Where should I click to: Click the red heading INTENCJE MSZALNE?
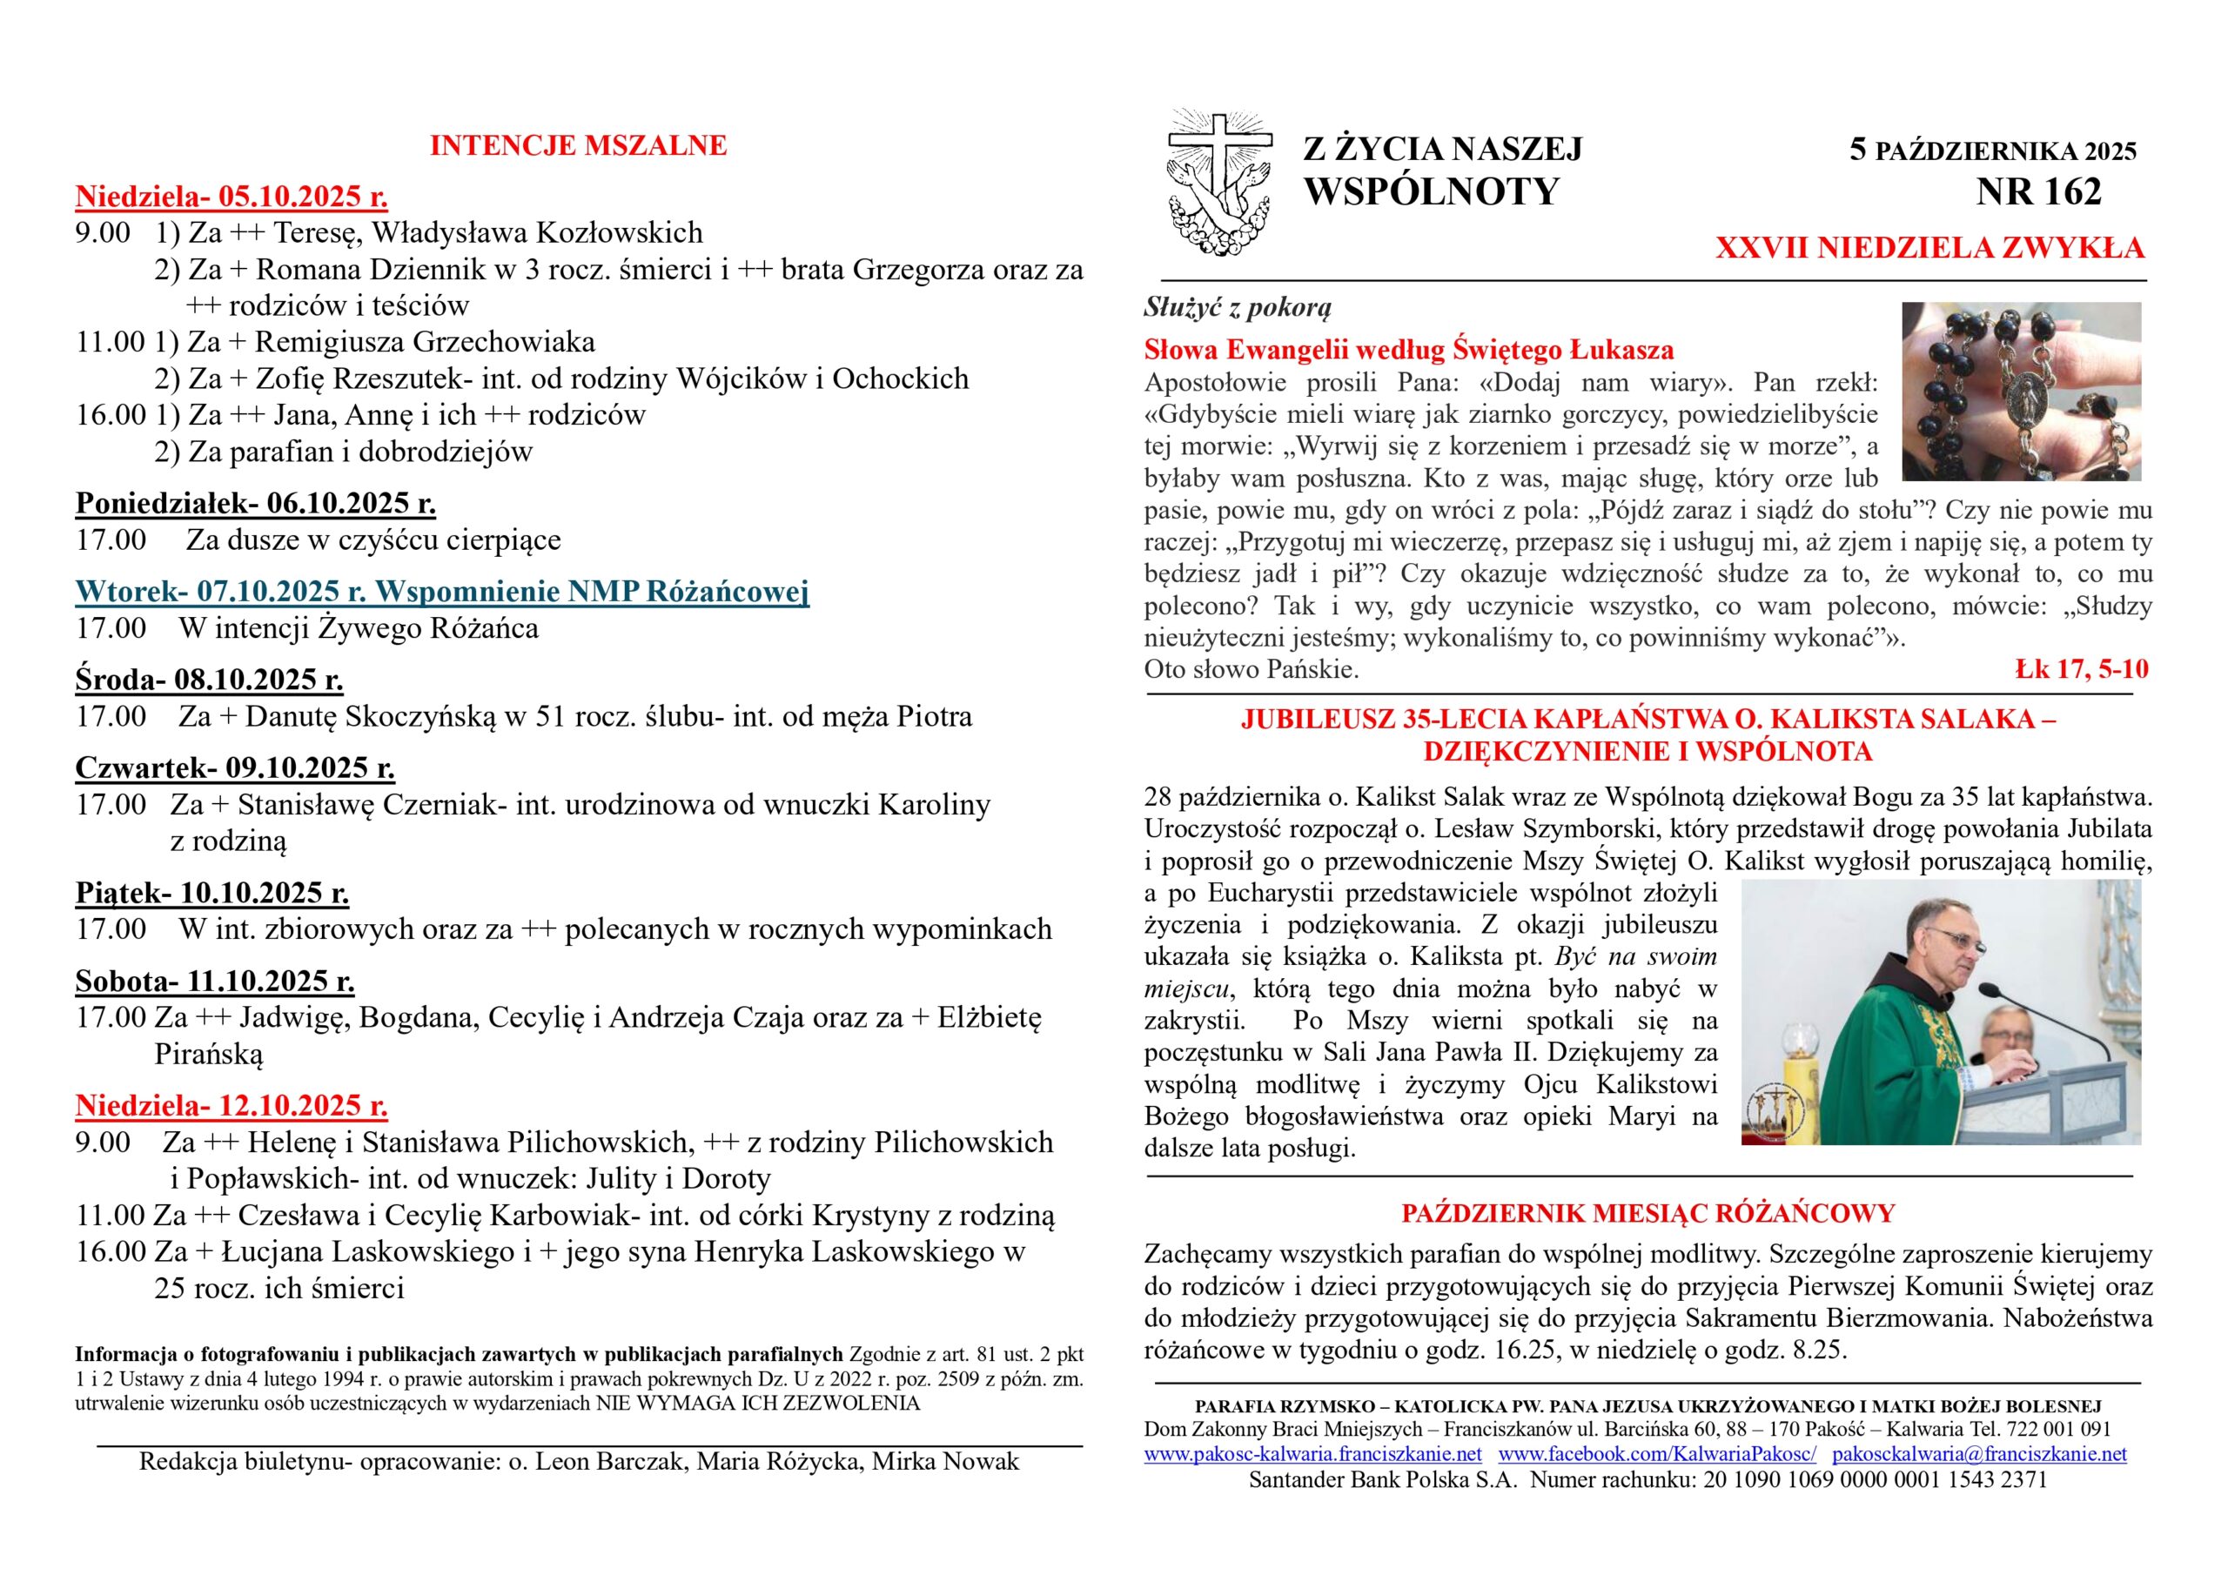tap(579, 145)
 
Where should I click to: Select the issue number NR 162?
tap(2039, 192)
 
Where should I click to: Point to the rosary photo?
tap(2022, 391)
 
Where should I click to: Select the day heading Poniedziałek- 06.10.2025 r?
tap(256, 504)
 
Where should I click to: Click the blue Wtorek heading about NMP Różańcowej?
tap(442, 592)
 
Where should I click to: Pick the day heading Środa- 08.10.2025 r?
tap(210, 680)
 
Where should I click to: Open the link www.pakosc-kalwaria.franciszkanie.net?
tap(1313, 1454)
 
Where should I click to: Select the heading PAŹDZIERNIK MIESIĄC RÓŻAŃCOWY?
tap(1648, 1214)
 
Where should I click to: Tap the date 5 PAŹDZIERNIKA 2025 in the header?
tap(1993, 151)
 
